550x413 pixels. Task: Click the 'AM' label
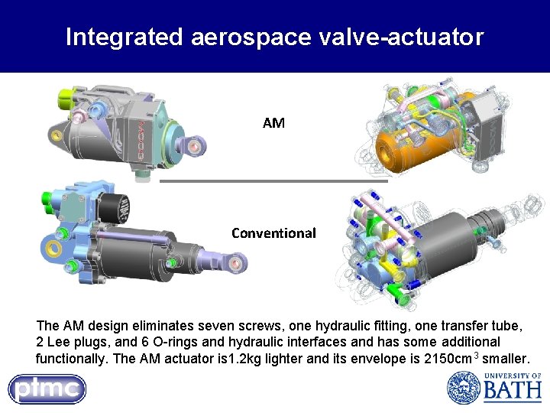click(x=273, y=122)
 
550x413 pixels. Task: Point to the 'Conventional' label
click(x=273, y=233)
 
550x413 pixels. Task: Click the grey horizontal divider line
click(x=273, y=181)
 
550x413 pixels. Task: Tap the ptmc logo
click(x=47, y=389)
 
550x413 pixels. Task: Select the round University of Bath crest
click(x=463, y=388)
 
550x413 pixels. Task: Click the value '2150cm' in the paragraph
click(x=447, y=359)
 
